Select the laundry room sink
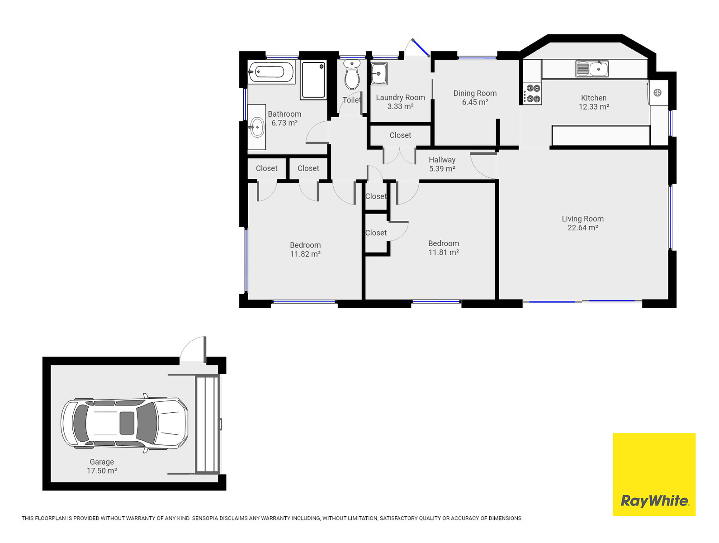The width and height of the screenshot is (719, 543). point(379,73)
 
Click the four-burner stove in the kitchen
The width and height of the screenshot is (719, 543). point(532,93)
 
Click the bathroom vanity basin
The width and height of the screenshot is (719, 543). point(257,127)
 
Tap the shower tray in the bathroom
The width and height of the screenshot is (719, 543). point(313,80)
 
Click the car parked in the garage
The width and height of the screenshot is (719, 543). point(124,424)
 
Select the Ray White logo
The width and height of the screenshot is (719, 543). point(654,474)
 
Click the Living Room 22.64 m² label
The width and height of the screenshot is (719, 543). point(582,223)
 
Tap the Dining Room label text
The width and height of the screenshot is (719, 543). point(475,93)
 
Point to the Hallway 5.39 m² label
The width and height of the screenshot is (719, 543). point(442,164)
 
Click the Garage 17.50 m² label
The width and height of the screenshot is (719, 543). point(102,467)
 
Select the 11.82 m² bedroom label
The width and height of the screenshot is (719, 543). point(305,249)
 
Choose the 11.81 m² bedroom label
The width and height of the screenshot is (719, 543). point(444,248)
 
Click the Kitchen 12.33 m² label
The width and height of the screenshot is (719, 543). point(594,102)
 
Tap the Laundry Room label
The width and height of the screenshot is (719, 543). point(400,97)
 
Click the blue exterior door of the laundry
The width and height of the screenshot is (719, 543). point(421,48)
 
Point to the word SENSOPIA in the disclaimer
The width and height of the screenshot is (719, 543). point(204,518)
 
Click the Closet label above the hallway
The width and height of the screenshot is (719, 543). point(400,135)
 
